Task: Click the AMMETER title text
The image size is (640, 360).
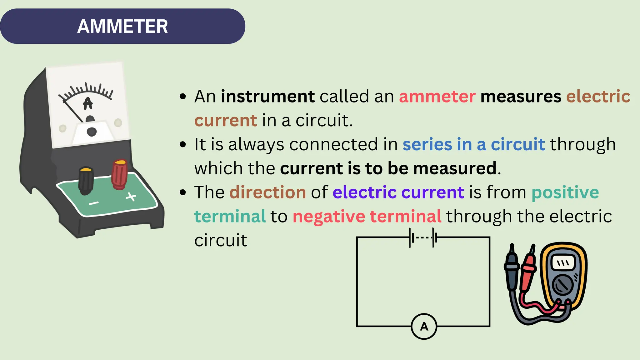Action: coord(122,26)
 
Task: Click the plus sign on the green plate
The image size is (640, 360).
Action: coord(131,197)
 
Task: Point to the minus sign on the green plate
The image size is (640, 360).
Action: coord(93,203)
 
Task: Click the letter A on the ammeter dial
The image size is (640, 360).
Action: coord(88,103)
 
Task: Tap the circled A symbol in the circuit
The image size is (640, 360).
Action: coord(424,326)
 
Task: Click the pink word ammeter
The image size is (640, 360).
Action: coord(437,96)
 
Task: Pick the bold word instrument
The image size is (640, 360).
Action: coord(268,96)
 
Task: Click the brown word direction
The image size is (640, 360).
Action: coord(267,192)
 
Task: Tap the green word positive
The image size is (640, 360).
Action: coord(565,192)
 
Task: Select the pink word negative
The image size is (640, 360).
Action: coord(329,216)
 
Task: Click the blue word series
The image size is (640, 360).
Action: coord(427,144)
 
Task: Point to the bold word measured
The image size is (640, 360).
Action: coord(455,168)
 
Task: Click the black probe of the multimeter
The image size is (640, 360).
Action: coord(512,269)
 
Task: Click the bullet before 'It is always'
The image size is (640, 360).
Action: coord(183,144)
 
